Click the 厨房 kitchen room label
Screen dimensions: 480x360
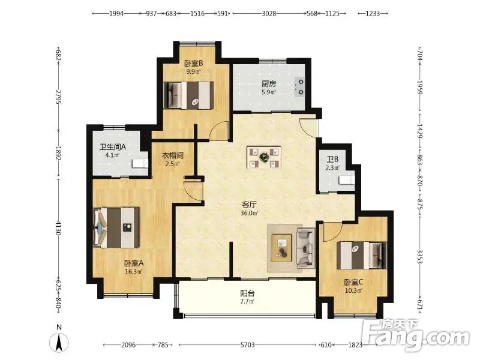268,83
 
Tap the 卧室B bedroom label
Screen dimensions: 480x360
193,64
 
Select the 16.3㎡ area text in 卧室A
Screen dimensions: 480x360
133,271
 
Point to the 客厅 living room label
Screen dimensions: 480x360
249,205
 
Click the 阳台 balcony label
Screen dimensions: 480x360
247,293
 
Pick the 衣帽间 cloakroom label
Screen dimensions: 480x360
173,155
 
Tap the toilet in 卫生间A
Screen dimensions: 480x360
140,163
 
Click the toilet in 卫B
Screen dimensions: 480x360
347,179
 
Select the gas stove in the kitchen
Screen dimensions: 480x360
299,87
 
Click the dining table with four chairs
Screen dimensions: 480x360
264,157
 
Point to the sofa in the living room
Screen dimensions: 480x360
306,248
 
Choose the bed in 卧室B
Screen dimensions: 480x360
188,95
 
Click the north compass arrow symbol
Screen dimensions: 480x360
59,342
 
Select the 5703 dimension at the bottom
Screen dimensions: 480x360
247,345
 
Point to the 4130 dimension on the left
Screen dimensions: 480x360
58,229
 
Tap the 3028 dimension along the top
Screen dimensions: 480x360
269,13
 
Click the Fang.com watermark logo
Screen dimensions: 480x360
415,335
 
